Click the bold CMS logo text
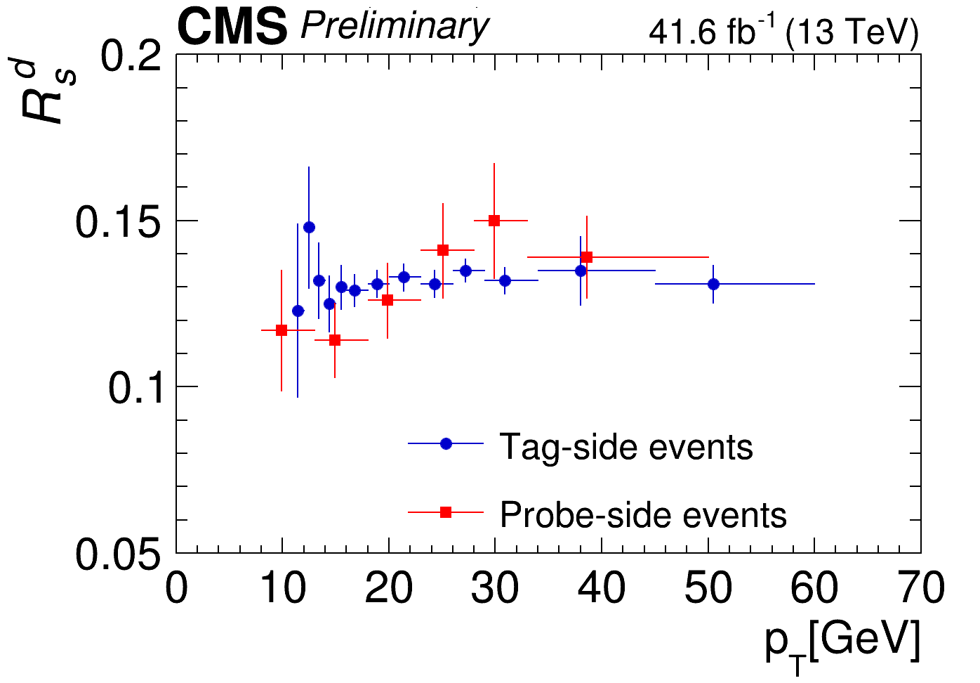click(232, 28)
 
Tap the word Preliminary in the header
click(394, 27)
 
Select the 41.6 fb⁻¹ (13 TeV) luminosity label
click(783, 32)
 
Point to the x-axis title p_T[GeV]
click(842, 643)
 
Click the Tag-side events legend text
click(626, 447)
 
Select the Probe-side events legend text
click(643, 515)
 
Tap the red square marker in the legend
click(446, 513)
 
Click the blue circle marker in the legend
click(446, 443)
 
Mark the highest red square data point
click(494, 221)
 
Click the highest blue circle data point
click(309, 227)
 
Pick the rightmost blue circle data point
click(713, 284)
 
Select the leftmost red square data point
click(282, 330)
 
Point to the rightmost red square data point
click(587, 257)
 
